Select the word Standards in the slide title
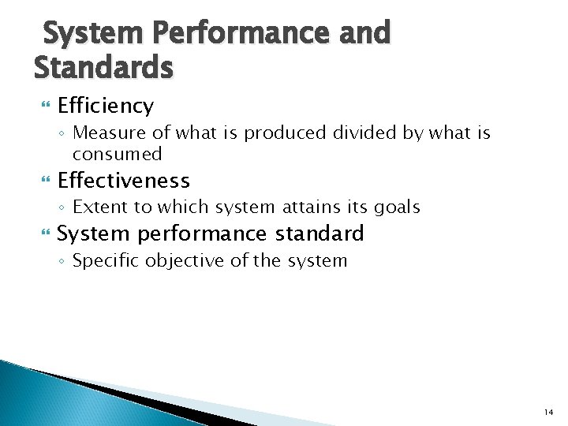[103, 67]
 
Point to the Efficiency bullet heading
[106, 106]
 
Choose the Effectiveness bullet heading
[124, 181]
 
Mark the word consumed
[117, 153]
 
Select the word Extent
[96, 207]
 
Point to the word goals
[396, 207]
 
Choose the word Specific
[103, 261]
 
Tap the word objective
[177, 261]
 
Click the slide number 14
[547, 412]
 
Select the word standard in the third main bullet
[319, 234]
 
